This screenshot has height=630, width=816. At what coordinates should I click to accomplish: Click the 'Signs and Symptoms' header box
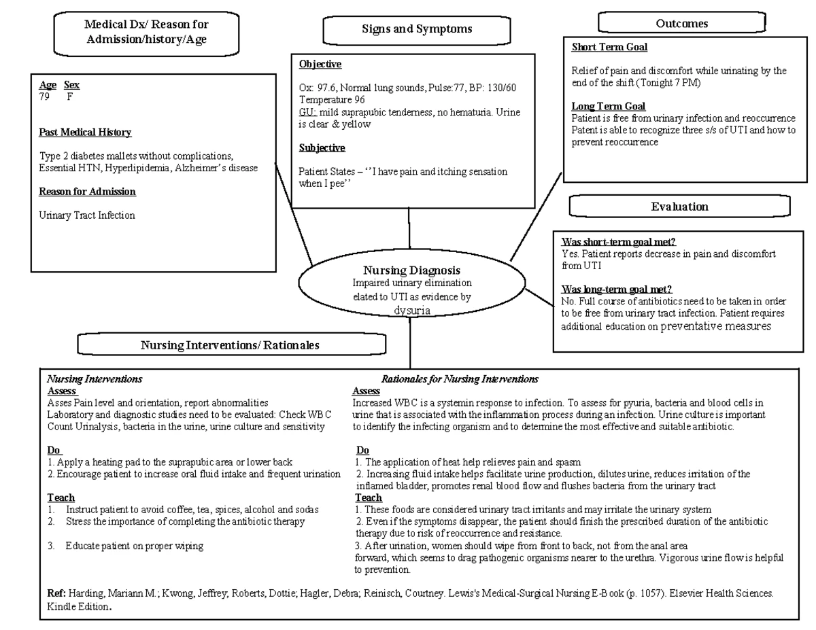(417, 30)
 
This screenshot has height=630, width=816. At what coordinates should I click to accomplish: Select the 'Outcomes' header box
(681, 24)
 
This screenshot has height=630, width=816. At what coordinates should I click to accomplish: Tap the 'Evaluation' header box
(679, 207)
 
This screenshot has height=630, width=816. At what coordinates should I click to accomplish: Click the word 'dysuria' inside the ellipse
(412, 311)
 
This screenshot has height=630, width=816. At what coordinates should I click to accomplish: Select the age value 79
(45, 97)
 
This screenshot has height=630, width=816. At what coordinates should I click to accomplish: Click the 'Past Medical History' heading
(85, 132)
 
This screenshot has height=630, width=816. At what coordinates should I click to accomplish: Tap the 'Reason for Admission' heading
(87, 192)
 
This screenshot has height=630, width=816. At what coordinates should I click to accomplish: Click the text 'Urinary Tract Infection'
(87, 215)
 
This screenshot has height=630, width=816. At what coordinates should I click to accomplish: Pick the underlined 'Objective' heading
(320, 65)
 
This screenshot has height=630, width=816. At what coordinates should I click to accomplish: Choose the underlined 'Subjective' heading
(322, 147)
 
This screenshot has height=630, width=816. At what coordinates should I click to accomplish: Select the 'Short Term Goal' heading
(609, 47)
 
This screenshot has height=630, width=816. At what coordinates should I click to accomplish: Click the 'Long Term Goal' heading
(608, 106)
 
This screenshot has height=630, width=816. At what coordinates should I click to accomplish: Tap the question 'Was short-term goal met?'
(618, 242)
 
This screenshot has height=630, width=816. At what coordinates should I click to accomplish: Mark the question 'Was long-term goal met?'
(617, 290)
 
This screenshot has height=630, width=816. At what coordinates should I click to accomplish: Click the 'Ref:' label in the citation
(56, 593)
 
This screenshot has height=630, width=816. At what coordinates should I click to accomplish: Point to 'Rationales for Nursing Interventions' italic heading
(460, 379)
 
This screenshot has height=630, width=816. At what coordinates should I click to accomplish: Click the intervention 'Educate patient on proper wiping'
(134, 546)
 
